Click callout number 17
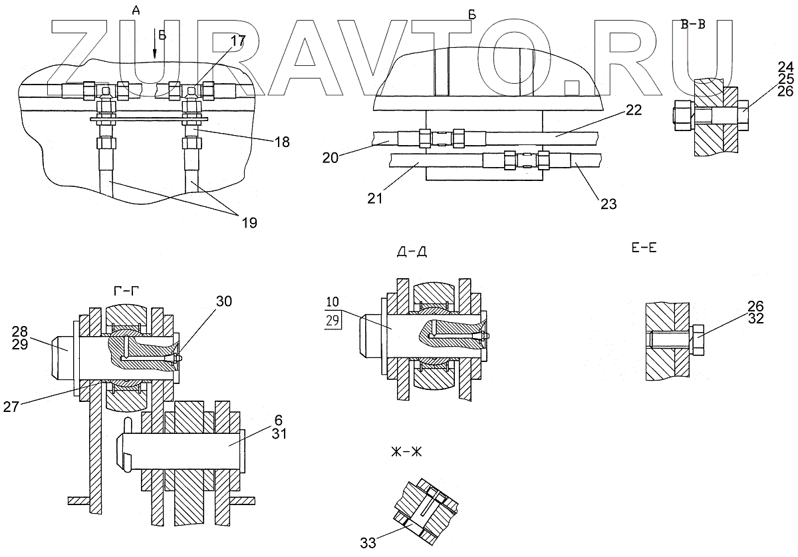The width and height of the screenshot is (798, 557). [x=238, y=40]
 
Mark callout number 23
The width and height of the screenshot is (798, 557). [x=608, y=204]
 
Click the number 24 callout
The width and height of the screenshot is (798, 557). [x=785, y=67]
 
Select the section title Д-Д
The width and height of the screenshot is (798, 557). [x=412, y=252]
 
